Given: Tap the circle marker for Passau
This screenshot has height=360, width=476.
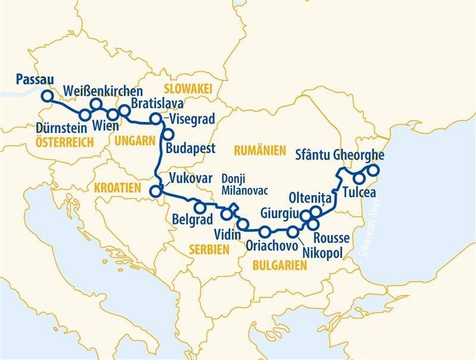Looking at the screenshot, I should (46, 96).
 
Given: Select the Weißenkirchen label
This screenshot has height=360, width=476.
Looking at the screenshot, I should (102, 91).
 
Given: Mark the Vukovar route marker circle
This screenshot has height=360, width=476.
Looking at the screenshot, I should (156, 191).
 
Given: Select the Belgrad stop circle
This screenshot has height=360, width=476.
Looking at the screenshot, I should (200, 207).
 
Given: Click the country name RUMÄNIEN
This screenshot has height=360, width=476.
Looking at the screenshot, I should (260, 151).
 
